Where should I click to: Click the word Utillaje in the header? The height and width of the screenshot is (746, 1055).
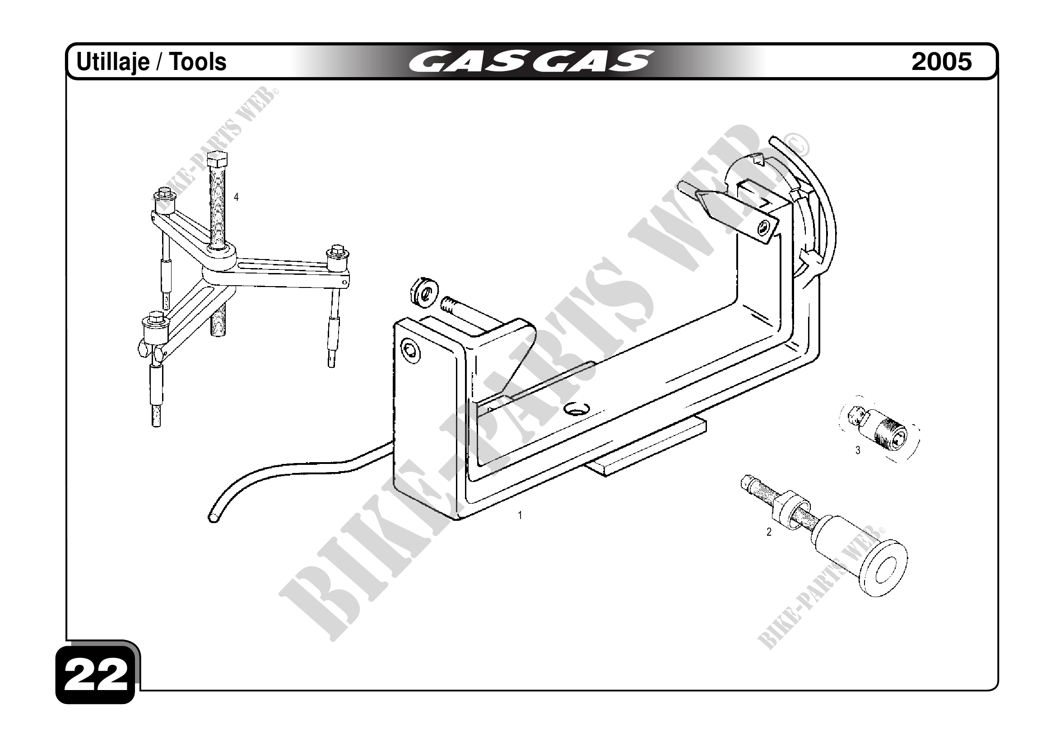(x=112, y=62)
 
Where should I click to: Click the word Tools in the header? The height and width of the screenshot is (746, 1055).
(x=199, y=62)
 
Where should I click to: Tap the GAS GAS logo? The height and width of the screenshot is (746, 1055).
(x=530, y=61)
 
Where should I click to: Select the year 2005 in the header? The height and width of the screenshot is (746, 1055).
(x=942, y=61)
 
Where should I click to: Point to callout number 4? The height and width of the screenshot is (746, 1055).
(x=236, y=197)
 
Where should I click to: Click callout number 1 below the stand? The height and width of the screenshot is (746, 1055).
(x=520, y=515)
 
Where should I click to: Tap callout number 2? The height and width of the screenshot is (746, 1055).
(x=769, y=533)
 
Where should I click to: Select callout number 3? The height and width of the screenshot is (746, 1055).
(x=857, y=451)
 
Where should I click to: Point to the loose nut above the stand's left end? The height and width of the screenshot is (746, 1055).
(x=423, y=291)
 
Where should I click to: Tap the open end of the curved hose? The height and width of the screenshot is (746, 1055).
(x=214, y=518)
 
